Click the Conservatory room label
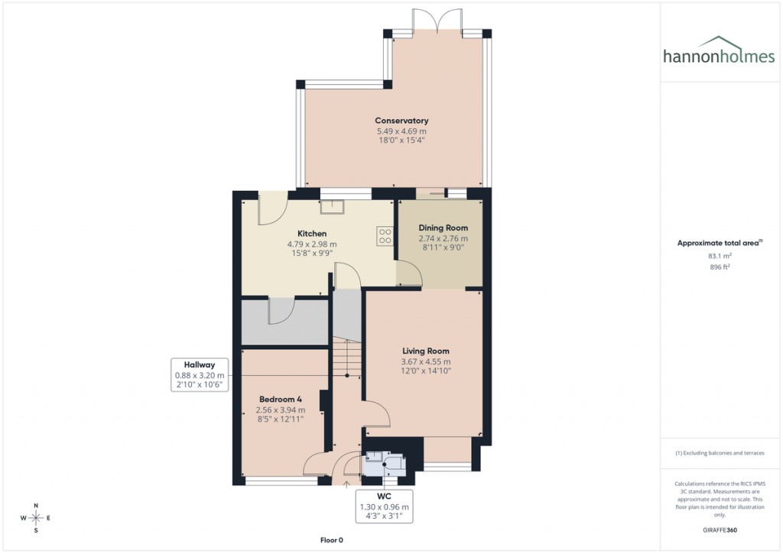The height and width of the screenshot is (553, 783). [x=401, y=121]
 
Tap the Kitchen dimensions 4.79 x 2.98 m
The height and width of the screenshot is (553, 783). [x=312, y=244]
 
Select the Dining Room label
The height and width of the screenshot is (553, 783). [x=443, y=228]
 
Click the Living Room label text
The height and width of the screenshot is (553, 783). [x=426, y=351]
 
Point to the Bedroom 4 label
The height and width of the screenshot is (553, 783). [x=280, y=399]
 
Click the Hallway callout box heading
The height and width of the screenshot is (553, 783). [x=199, y=364]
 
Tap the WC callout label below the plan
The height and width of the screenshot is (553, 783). [x=384, y=496]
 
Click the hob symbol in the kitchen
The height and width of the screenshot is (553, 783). [x=385, y=236]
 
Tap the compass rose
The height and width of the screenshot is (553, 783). [x=35, y=518]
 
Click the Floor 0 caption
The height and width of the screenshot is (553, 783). [x=332, y=540]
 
